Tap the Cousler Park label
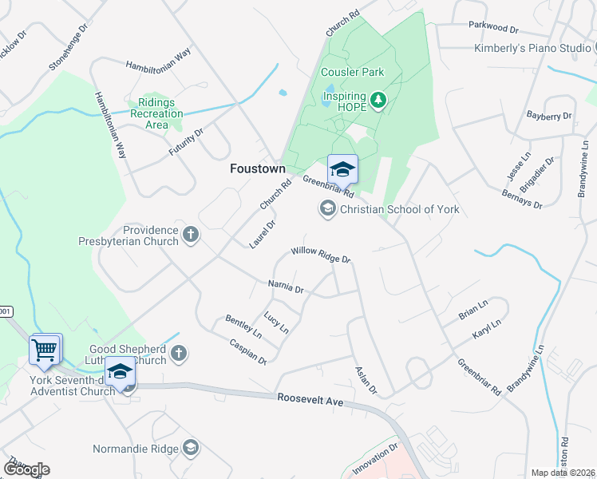(352, 72)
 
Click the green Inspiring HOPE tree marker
(378, 101)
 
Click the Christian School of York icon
(326, 209)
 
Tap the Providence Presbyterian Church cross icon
(190, 235)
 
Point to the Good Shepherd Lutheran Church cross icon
(179, 352)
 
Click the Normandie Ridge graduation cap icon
(190, 447)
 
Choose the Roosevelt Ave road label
(310, 401)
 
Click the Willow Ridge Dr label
(321, 255)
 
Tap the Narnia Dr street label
(286, 286)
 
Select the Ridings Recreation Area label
(157, 113)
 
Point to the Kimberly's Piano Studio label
(532, 49)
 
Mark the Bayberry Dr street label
(549, 116)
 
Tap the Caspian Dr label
(247, 350)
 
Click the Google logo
(26, 469)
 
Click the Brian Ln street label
(472, 311)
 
